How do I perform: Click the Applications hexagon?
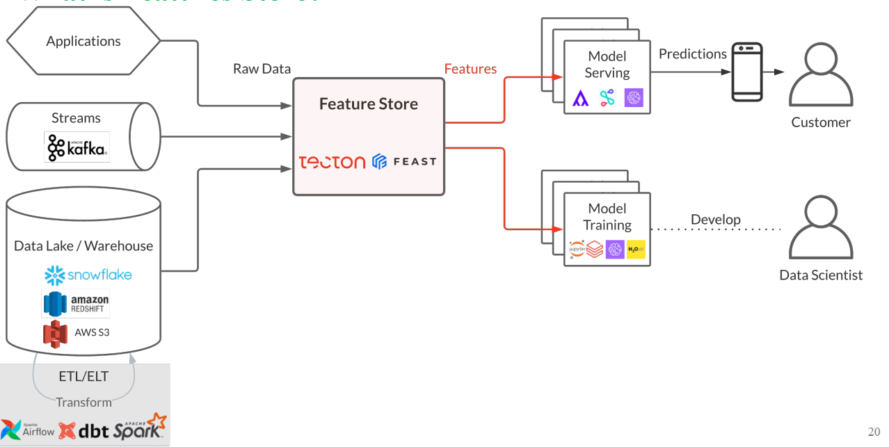point(83,41)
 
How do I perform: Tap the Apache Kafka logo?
point(77,147)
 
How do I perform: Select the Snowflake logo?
point(88,275)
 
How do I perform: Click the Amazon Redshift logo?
point(76,304)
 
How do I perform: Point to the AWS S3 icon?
point(56,333)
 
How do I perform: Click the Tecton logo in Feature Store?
point(332,162)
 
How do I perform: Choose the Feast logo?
point(404,162)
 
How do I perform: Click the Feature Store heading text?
point(368,104)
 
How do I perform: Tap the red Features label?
point(470,69)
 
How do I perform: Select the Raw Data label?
point(262,69)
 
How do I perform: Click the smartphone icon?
point(746,72)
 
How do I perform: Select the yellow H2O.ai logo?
point(636,250)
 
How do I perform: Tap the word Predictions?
point(692,54)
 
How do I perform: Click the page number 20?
point(873,432)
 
